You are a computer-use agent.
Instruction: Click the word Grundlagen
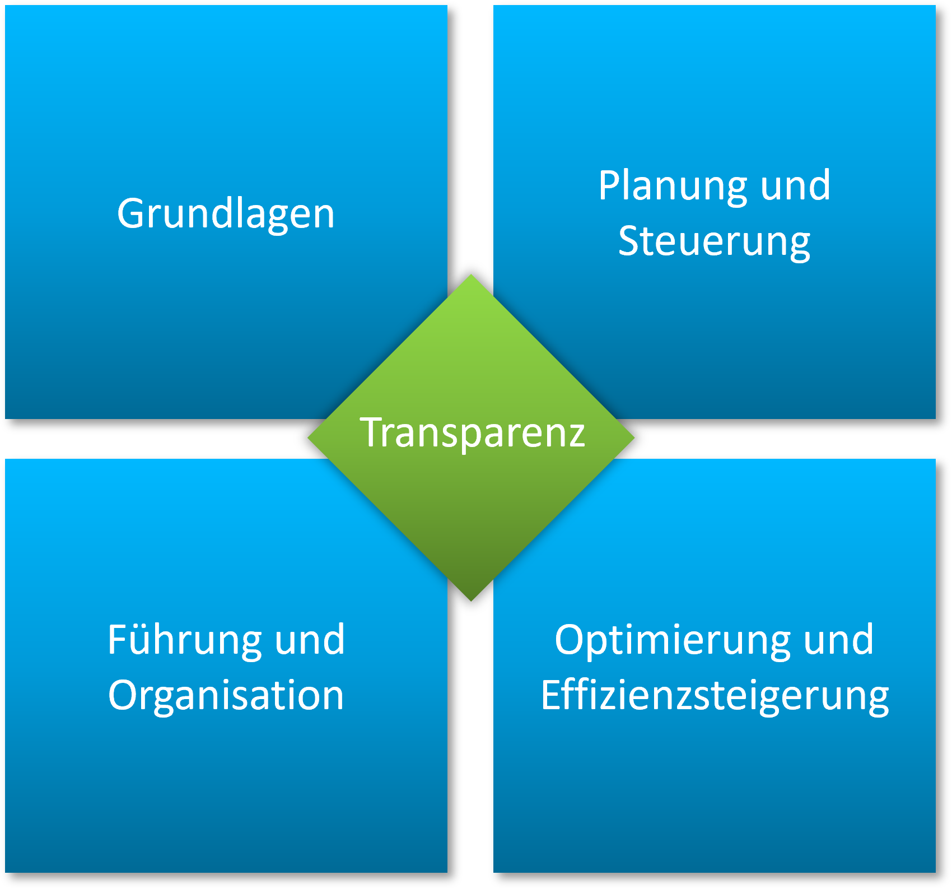226,213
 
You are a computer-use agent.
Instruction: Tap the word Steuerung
714,241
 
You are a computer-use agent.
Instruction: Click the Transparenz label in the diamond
472,432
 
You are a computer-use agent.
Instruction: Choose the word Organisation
226,695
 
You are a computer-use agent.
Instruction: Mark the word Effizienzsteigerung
715,695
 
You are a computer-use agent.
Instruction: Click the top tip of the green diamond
471,276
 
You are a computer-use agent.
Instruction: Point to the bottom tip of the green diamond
471,599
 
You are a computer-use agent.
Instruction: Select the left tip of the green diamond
310,437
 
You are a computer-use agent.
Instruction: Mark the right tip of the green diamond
633,437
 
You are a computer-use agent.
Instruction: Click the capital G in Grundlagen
130,213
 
